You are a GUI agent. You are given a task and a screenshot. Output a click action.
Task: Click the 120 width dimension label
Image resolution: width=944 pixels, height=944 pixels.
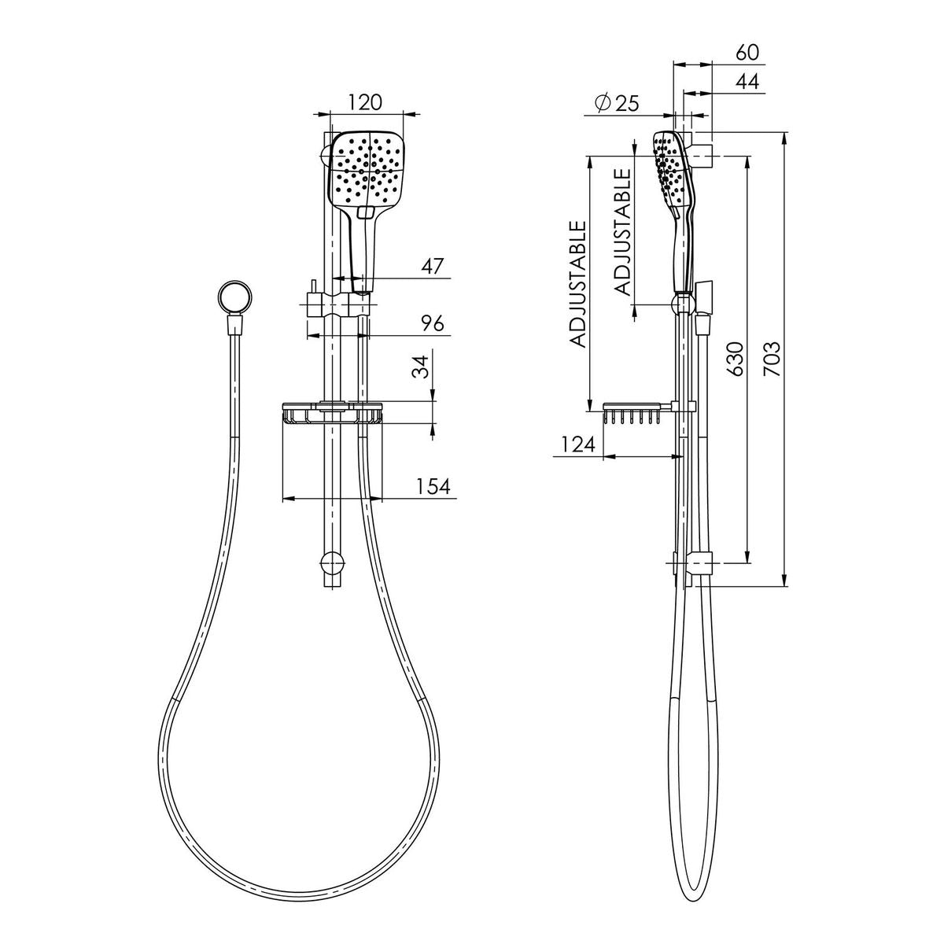364,102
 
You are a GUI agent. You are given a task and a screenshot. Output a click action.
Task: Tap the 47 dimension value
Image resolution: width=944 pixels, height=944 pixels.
432,267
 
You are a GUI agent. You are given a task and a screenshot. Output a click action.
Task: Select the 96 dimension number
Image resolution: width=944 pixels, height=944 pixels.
432,323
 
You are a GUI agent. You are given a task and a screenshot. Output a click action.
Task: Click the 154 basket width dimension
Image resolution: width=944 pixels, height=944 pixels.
433,486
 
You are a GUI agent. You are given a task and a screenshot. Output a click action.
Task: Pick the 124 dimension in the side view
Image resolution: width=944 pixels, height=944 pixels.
578,444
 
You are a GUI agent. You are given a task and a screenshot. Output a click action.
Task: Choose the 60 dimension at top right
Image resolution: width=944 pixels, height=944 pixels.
747,53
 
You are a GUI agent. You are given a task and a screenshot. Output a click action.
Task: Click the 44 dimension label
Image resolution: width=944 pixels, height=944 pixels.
747,81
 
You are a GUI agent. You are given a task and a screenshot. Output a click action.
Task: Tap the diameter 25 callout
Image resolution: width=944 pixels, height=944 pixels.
617,103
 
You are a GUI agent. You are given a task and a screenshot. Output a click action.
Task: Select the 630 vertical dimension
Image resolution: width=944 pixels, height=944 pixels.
736,359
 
